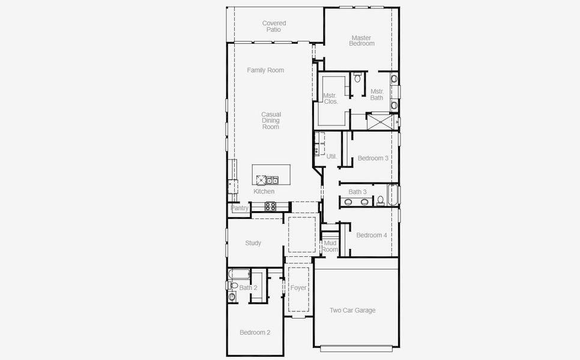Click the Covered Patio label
point(274,26)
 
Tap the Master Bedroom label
point(362,41)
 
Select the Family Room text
point(265,70)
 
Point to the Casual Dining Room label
point(271,121)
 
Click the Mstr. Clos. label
point(330,98)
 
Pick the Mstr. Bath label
point(376,94)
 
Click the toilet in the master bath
point(357,78)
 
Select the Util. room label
point(331,157)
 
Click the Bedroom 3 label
point(373,158)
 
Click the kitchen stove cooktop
point(271,206)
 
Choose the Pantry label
point(240,208)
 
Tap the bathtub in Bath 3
point(393,196)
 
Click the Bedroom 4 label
point(372,235)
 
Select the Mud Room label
point(330,246)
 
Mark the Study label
point(253,243)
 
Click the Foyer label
point(298,288)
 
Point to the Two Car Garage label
point(352,310)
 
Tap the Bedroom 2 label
point(255,332)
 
